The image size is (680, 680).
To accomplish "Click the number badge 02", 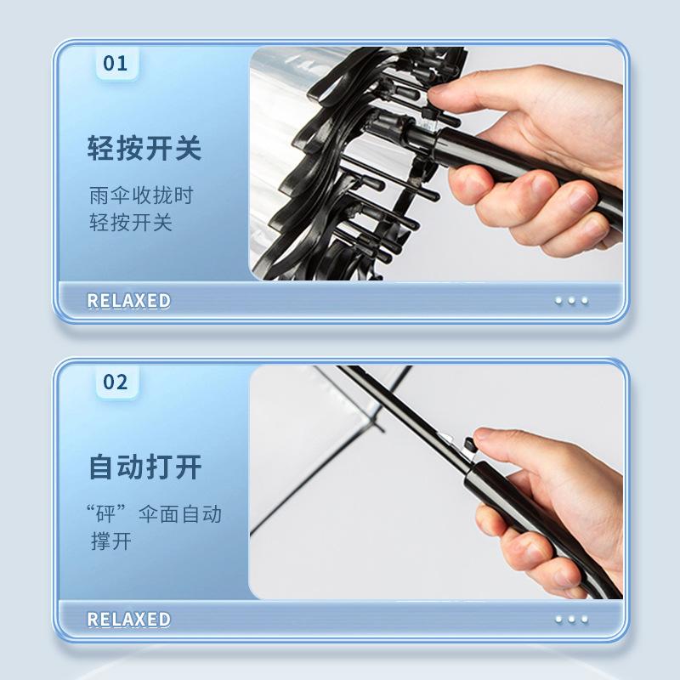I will [x=115, y=382].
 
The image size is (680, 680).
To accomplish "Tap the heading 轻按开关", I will [x=144, y=149].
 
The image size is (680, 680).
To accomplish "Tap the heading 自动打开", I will [x=144, y=467].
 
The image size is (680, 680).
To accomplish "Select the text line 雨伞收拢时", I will [x=141, y=195].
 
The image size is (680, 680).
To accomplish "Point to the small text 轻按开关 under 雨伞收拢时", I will [x=131, y=223].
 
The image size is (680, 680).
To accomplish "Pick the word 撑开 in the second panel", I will [x=111, y=541].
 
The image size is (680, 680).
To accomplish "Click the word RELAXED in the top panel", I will [x=128, y=301].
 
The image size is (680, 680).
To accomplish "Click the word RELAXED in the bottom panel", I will [x=128, y=620].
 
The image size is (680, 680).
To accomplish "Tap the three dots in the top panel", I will [x=571, y=301].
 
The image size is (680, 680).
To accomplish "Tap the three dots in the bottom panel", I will [x=571, y=620].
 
